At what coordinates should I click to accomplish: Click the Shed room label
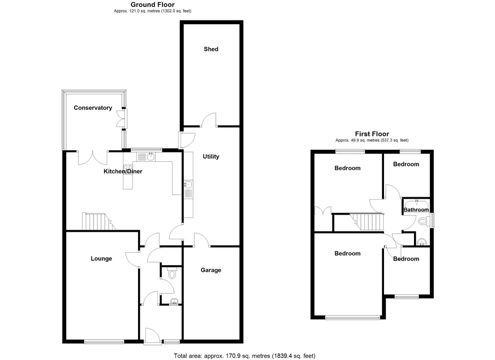[211, 49]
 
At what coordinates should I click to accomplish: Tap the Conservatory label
[93, 108]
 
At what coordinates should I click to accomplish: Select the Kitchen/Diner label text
[123, 171]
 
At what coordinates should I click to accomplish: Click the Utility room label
[211, 156]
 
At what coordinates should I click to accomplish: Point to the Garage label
[211, 270]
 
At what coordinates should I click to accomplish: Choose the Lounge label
[101, 258]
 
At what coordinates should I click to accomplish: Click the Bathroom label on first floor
[416, 210]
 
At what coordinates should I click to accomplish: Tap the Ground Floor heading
[152, 4]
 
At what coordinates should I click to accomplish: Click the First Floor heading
[372, 134]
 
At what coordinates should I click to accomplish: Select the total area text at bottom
[244, 356]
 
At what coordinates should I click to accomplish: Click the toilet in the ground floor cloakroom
[172, 273]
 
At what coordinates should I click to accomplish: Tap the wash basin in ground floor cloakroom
[174, 302]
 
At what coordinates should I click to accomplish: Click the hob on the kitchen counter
[128, 169]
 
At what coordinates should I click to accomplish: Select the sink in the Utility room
[188, 184]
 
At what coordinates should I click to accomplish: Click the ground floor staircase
[96, 222]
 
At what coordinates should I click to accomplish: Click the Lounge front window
[104, 341]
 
